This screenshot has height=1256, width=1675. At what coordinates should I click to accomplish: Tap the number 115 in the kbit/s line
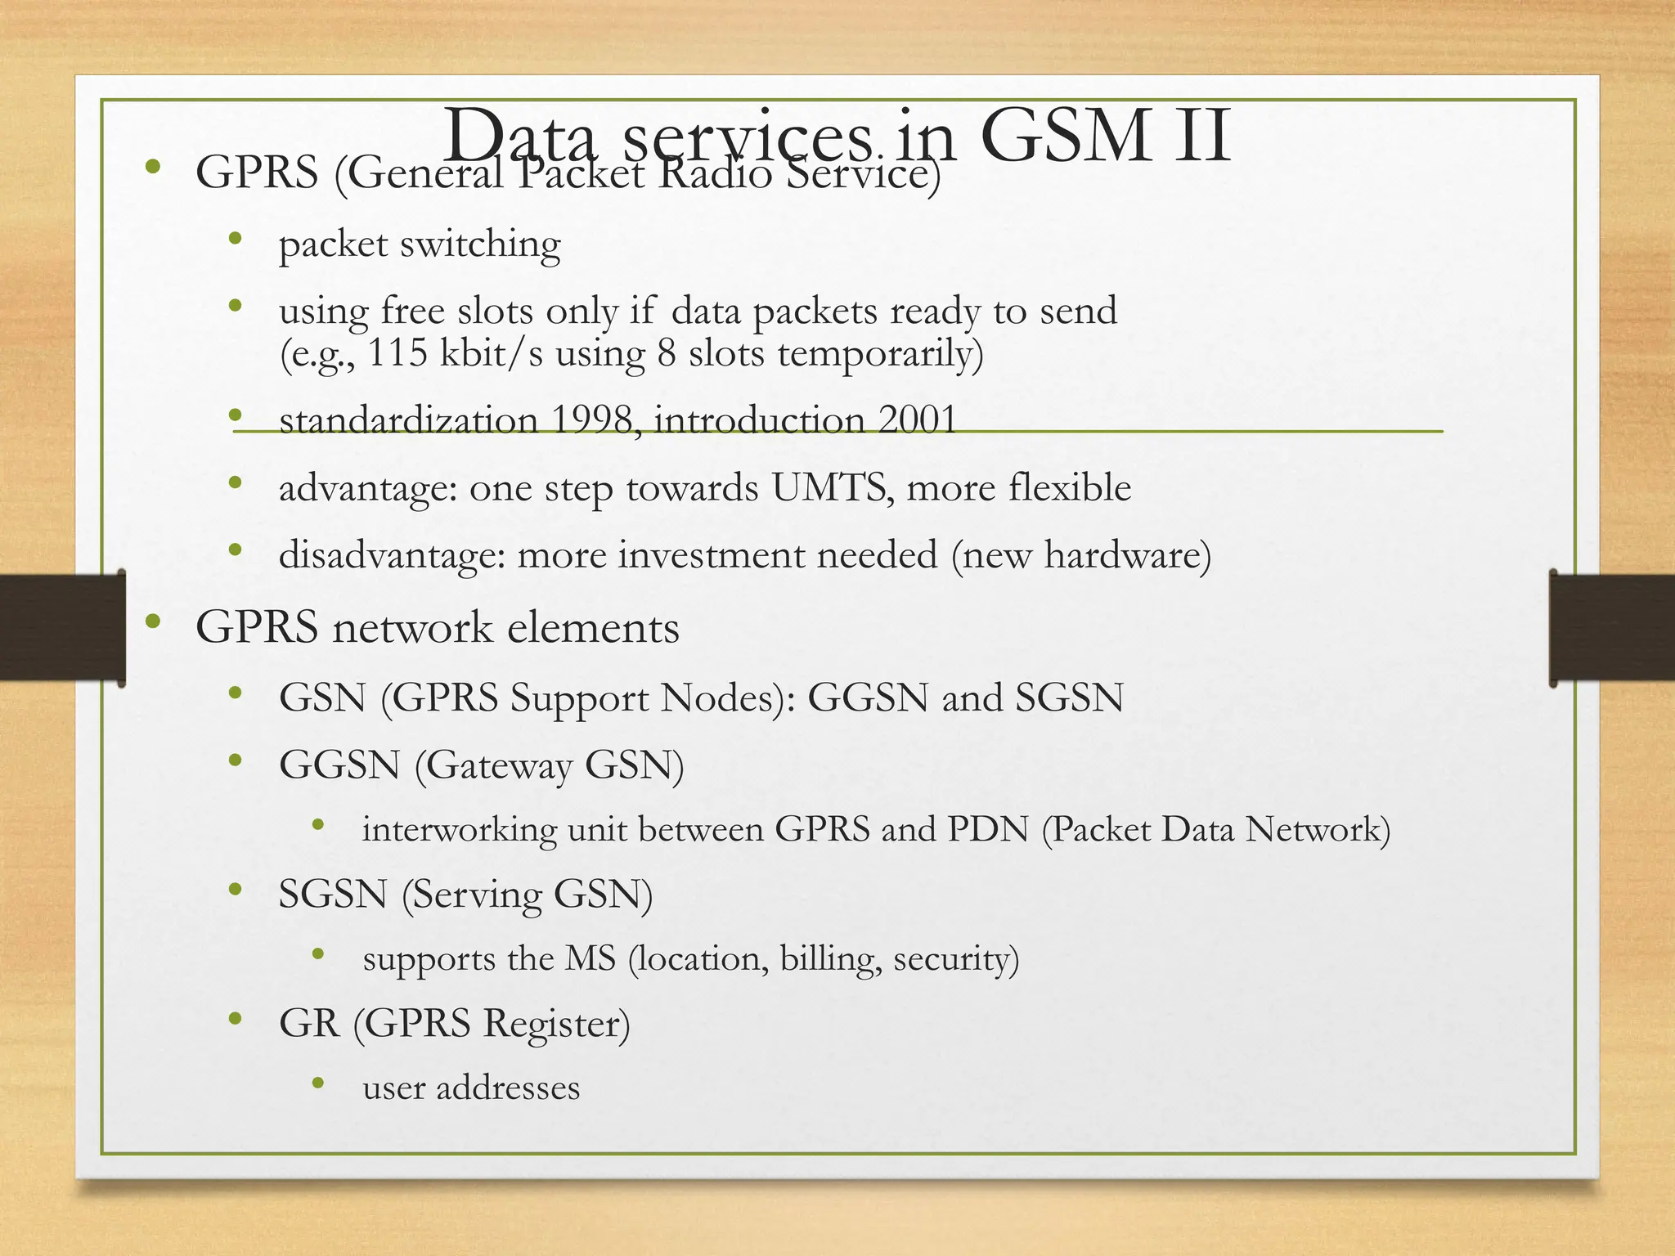[x=397, y=353]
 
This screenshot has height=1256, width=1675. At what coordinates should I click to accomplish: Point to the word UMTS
[x=829, y=488]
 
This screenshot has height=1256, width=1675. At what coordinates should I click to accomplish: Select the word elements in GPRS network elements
[x=593, y=628]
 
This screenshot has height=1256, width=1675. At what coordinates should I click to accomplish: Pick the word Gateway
[x=498, y=766]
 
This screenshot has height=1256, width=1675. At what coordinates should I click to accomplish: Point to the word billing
[x=831, y=959]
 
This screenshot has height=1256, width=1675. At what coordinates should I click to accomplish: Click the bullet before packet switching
[x=236, y=239]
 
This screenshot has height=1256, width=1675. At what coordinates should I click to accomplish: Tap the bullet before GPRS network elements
[x=152, y=622]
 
